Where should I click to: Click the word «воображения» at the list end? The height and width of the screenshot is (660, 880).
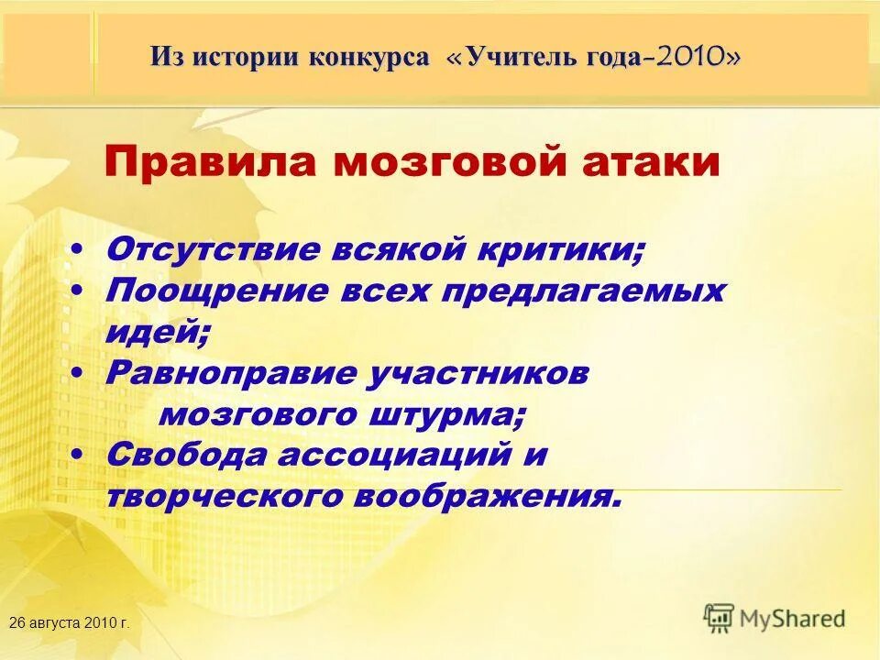[x=495, y=497]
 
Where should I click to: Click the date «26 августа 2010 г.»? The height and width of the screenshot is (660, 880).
[x=69, y=622]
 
